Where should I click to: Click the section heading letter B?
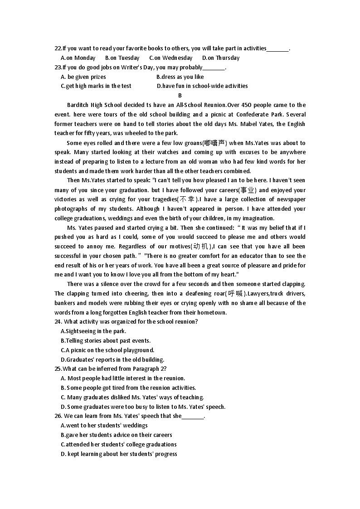tap(180, 95)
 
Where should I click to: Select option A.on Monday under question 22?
tap(78, 58)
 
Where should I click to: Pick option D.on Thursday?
tap(221, 58)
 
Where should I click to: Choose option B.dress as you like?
tap(180, 77)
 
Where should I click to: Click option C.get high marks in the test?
tap(96, 86)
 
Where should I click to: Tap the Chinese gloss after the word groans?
tap(215, 143)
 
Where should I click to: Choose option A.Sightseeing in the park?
tap(93, 331)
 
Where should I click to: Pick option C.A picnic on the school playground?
tap(107, 350)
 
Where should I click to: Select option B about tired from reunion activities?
tap(128, 388)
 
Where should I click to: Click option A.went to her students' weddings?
tap(104, 425)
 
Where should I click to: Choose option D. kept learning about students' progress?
tap(119, 454)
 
